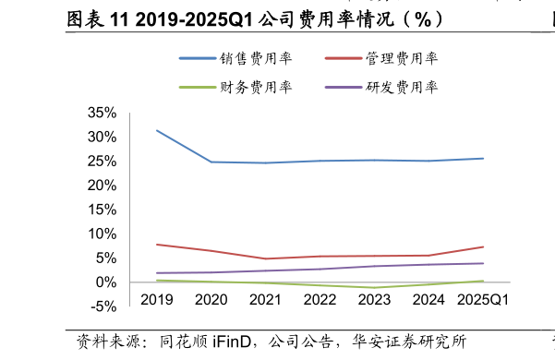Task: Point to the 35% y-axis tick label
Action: click(102, 113)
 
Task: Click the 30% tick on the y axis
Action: click(102, 137)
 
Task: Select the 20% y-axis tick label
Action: click(102, 186)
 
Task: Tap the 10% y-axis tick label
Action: click(102, 234)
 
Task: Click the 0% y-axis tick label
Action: click(105, 282)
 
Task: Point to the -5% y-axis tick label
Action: click(103, 306)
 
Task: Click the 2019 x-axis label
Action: click(157, 300)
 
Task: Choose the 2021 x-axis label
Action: click(266, 300)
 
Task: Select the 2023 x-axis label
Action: click(375, 300)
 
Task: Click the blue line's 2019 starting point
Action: click(157, 130)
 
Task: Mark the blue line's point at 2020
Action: click(211, 162)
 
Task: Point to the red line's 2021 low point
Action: click(266, 258)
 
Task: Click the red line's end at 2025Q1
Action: click(483, 246)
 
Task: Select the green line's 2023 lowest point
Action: click(375, 288)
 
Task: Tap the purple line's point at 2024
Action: click(429, 265)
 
